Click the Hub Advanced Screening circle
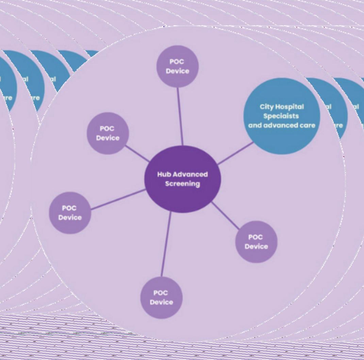183,179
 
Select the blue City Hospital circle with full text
282,116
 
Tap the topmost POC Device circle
177,66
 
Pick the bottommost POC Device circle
161,297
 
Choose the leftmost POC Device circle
70,213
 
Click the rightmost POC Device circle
256,242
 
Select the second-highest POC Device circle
108,133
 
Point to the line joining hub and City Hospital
235,153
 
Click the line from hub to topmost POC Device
180,116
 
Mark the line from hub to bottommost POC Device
166,244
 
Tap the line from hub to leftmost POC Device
118,199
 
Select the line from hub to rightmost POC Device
226,215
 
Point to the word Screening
182,184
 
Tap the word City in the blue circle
267,107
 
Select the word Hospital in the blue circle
289,107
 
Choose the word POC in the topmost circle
177,62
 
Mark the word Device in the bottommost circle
161,302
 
